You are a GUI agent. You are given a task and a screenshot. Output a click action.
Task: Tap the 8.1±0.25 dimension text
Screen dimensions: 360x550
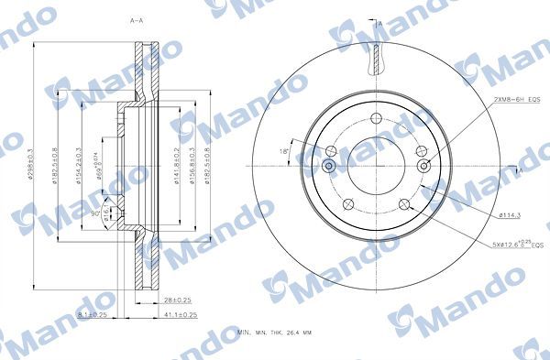coord(91,315)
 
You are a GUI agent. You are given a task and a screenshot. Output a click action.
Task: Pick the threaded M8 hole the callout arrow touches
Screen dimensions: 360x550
coord(423,166)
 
